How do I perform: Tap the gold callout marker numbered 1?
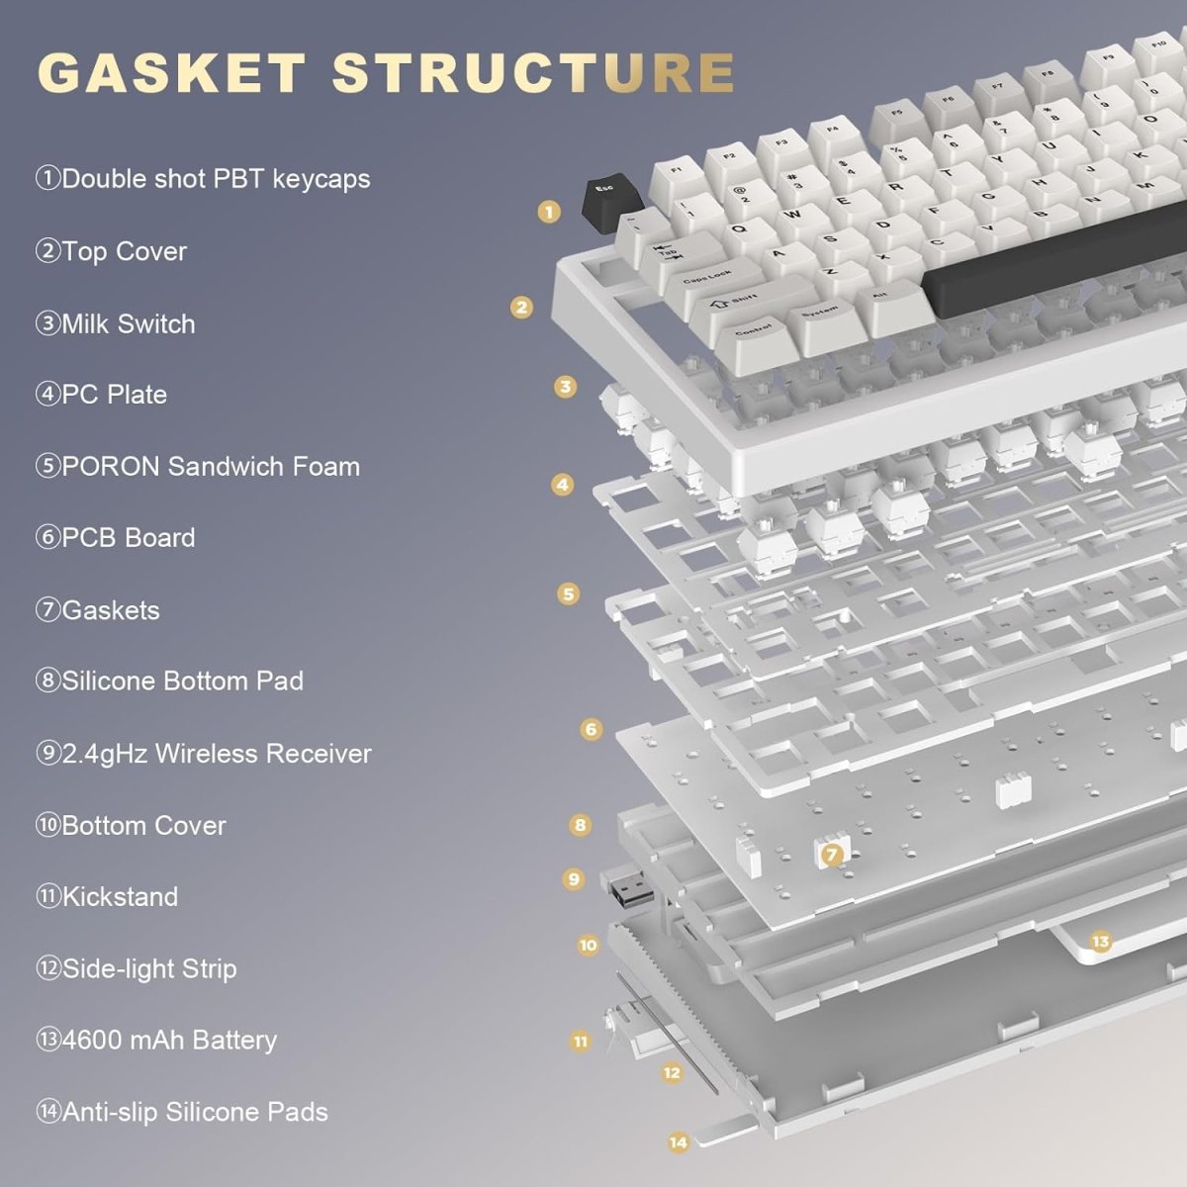coord(550,211)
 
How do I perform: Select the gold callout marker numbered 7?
coord(832,854)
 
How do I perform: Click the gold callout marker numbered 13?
coord(1100,941)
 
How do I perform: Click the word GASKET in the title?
coord(171,73)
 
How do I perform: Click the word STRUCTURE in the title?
coord(533,73)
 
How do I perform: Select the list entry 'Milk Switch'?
coord(116,323)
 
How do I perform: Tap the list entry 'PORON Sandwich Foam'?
coord(198,466)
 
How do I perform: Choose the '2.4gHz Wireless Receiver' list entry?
coord(204,753)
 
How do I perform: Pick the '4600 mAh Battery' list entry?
coord(156,1040)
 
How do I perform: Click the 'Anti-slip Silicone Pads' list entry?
coord(182,1112)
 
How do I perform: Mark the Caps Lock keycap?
coord(709,277)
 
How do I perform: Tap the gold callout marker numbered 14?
coord(679,1142)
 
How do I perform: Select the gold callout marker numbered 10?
coord(589,946)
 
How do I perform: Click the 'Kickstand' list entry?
coord(107,896)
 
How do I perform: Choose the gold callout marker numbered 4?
coord(563,485)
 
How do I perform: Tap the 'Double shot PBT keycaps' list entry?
coord(203,179)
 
